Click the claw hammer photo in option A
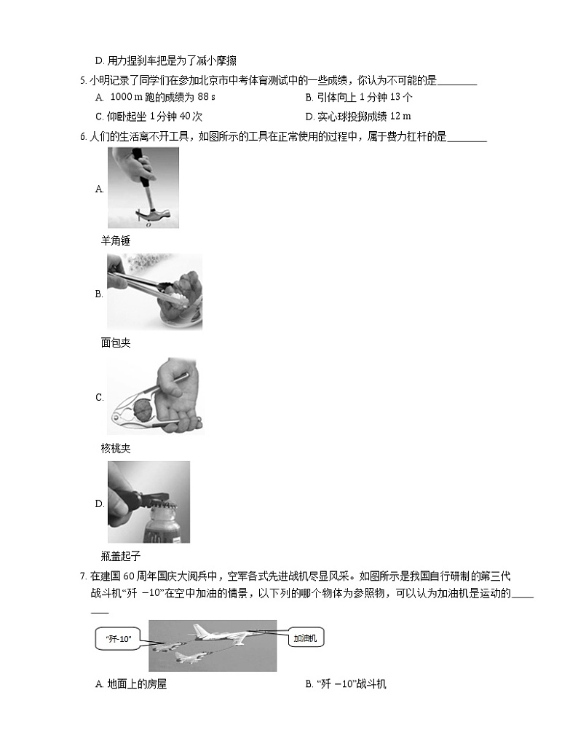click(x=143, y=187)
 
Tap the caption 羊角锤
click(x=115, y=241)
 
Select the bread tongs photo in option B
click(x=154, y=291)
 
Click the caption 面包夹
click(x=115, y=342)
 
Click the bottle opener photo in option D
click(x=149, y=502)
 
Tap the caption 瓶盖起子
click(x=120, y=556)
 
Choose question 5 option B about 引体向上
click(x=359, y=98)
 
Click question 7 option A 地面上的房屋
click(x=136, y=683)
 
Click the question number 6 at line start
click(x=83, y=136)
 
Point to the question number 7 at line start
click(x=83, y=576)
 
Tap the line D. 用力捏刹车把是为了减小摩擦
click(x=165, y=60)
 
